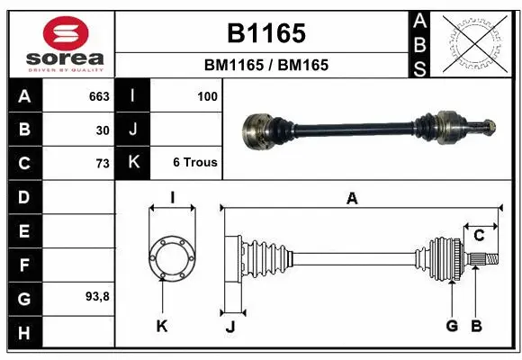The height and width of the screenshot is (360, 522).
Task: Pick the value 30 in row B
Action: pos(103,130)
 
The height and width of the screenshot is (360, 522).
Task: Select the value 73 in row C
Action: pos(103,163)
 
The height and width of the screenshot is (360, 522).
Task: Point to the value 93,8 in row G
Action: pos(98,296)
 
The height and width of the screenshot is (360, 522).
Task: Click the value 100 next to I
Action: pos(207,95)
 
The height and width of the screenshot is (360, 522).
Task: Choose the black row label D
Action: pos(24,197)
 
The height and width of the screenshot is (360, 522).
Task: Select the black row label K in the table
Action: pos(133,163)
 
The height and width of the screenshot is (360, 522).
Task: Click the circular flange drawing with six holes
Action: pos(172,257)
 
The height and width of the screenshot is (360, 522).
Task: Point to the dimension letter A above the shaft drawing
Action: pos(352,199)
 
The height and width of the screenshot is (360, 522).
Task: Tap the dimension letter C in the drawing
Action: pos(480,236)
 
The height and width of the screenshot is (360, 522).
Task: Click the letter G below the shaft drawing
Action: pos(452,325)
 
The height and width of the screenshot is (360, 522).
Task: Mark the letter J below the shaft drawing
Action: pos(230,326)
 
